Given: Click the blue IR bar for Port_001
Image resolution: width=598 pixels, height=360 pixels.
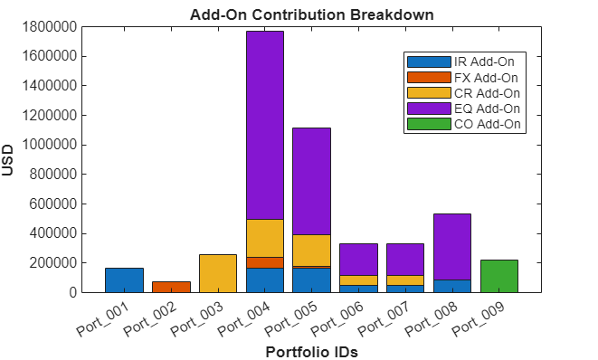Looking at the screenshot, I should pyautogui.click(x=124, y=280).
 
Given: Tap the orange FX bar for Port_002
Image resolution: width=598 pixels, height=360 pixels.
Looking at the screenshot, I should pyautogui.click(x=171, y=287).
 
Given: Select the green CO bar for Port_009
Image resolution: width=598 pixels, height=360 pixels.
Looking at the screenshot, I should pyautogui.click(x=498, y=276).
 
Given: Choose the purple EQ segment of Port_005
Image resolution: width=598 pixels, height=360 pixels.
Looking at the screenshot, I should pyautogui.click(x=311, y=181).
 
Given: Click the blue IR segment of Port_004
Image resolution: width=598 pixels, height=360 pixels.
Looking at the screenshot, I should pyautogui.click(x=265, y=280).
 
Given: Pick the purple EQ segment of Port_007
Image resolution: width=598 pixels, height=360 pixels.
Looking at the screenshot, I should pyautogui.click(x=405, y=260).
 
